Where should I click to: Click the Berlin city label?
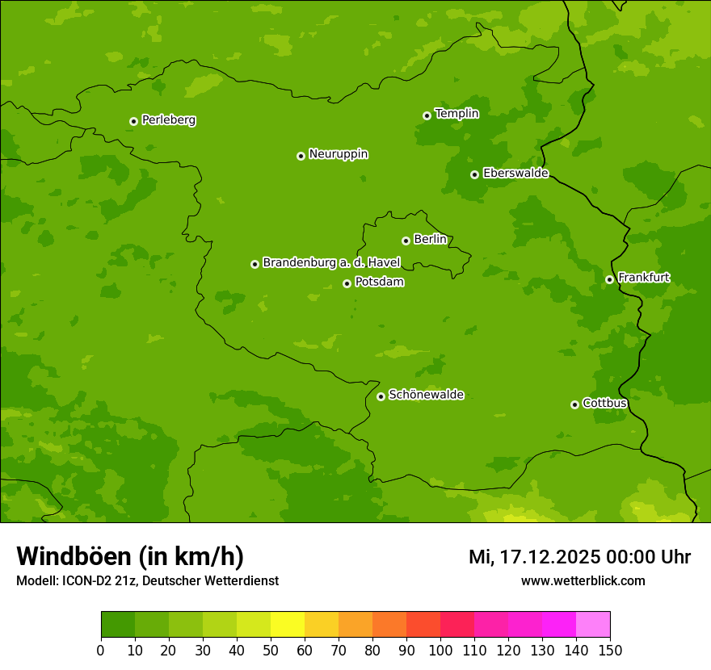tap(430, 239)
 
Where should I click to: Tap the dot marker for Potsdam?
tap(347, 283)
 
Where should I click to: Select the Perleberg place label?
tap(168, 120)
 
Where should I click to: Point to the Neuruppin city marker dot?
tap(301, 156)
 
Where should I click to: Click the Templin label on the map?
tap(456, 114)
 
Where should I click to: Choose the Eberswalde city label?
tap(515, 173)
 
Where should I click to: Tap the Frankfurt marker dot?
tap(609, 280)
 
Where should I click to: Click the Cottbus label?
tap(604, 403)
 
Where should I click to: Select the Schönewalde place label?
tap(426, 395)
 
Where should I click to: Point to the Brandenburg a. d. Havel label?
tap(331, 262)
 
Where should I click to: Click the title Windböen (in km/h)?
tap(130, 556)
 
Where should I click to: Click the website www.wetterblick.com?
tap(583, 580)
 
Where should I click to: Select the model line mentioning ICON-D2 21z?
tap(147, 580)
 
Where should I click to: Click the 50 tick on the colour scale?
tap(271, 650)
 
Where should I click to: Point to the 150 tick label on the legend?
tap(610, 650)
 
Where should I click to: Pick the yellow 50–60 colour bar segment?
tap(288, 625)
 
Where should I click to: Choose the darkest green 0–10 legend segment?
tap(118, 625)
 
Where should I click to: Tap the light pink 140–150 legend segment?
tap(593, 625)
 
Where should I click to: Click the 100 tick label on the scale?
tap(440, 650)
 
